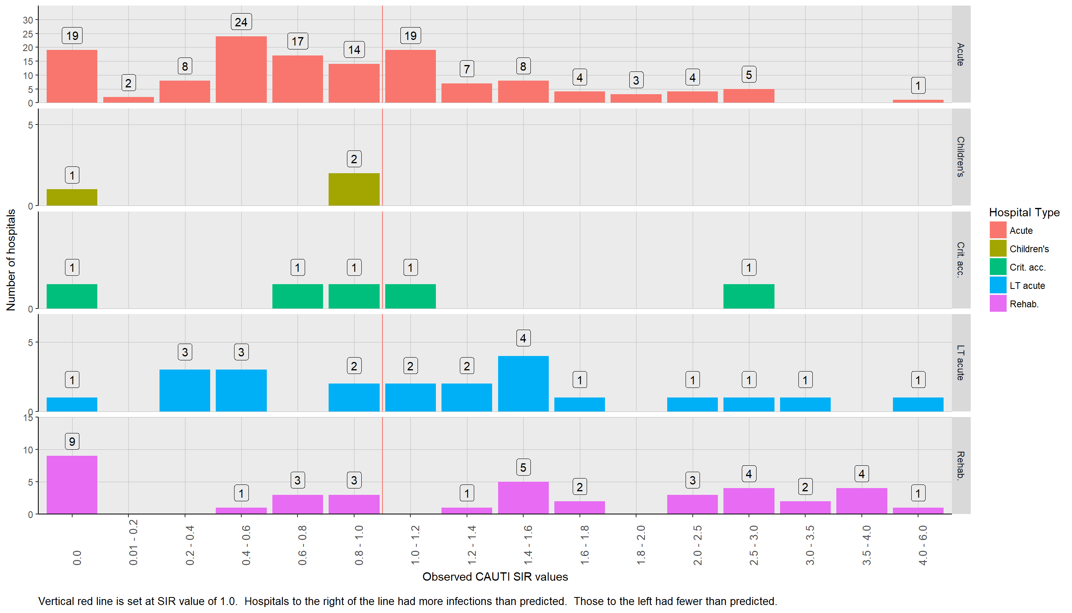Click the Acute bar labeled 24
point(241,69)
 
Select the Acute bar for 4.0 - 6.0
point(918,101)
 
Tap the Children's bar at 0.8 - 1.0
point(354,190)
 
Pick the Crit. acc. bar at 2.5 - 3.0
point(749,297)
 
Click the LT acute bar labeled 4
point(523,384)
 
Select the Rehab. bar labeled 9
point(72,484)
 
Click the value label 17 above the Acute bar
point(298,41)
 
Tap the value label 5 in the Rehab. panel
point(523,467)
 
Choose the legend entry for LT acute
point(1027,286)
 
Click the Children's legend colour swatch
point(997,249)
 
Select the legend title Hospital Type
point(1024,213)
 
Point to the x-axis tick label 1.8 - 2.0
point(640,545)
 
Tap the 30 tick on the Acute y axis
point(28,20)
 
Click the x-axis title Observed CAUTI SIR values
point(495,577)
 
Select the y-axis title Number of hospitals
point(11,260)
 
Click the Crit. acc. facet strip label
point(960,260)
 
